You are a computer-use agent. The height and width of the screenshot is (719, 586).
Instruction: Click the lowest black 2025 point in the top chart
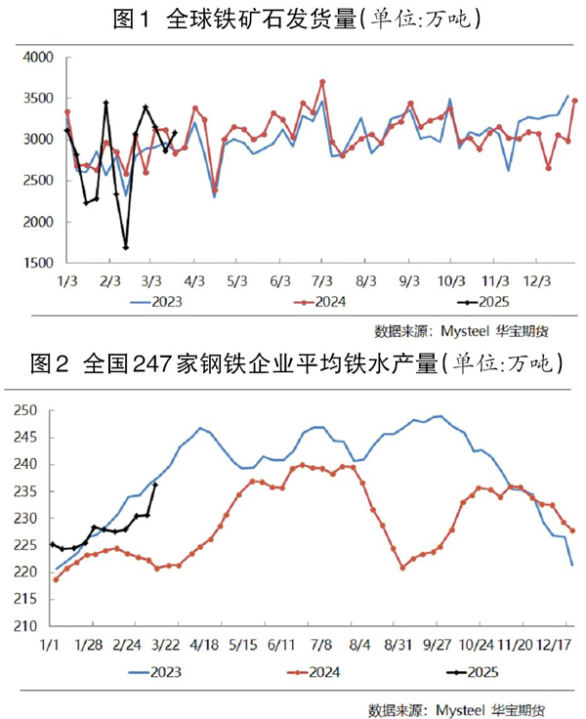point(126,247)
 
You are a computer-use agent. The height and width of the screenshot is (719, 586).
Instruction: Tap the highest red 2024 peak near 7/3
point(322,81)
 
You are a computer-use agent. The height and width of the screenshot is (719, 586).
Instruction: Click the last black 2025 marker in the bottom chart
point(155,485)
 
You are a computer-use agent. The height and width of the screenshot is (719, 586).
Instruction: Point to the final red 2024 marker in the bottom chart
point(572,530)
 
